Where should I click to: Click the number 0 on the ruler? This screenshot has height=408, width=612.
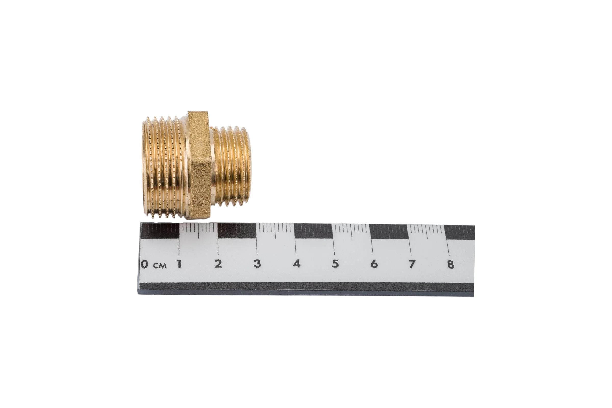144,264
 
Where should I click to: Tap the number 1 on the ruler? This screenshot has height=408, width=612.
179,264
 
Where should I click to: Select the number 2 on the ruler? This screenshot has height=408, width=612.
218,264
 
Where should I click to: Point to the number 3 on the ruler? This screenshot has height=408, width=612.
257,264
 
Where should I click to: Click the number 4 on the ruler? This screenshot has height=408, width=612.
297,264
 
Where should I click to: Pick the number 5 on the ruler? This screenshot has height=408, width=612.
335,264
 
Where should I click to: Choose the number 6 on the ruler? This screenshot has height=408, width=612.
374,264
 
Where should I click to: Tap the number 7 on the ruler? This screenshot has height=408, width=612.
412,264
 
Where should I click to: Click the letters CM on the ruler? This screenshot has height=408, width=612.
160,266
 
